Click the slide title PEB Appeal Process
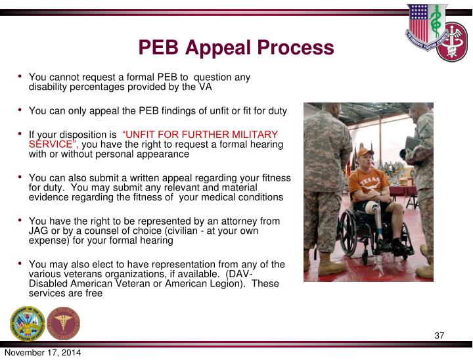tap(236, 47)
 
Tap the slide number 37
tap(439, 336)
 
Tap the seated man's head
tap(364, 158)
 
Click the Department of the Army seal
tap(27, 323)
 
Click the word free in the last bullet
tap(93, 294)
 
